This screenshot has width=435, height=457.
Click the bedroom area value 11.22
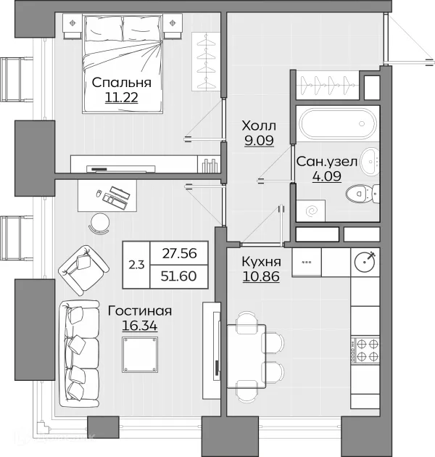pos(121,98)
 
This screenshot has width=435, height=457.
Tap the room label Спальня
pos(122,83)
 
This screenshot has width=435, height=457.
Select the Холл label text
pos(259,126)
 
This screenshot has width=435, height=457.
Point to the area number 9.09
pos(259,141)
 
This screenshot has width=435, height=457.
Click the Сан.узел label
pos(327,162)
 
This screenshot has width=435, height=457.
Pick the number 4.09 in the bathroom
pos(327,176)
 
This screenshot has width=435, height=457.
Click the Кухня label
pos(261,262)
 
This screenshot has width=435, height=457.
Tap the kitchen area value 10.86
pos(261,276)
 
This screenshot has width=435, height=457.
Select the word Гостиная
pos(139,311)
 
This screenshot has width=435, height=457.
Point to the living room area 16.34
pos(139,326)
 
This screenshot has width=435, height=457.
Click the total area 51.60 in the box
pos(178,276)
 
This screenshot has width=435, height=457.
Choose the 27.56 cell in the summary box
pos(179,253)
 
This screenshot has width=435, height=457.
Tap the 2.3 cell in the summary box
pos(136,265)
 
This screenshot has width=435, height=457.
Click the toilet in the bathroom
pos(362,193)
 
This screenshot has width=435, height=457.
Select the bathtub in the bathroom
pos(337,123)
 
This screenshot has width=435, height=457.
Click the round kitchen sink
pos(364,261)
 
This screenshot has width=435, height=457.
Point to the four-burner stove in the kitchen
pos(365,350)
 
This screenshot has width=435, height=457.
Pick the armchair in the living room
pos(83,270)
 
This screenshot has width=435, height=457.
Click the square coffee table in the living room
pos(140,355)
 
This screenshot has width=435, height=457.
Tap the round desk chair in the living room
pos(99,223)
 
